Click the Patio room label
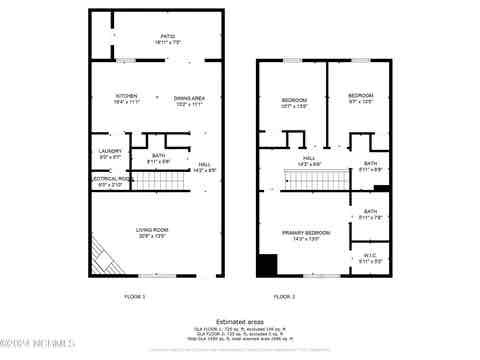click(154, 36)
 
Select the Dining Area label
click(190, 98)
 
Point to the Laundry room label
click(110, 151)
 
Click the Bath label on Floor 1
click(159, 156)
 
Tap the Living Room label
click(153, 230)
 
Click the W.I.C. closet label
click(370, 256)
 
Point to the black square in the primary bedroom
click(267, 265)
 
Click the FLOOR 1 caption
click(134, 297)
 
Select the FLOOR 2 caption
click(285, 297)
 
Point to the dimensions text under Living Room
click(153, 236)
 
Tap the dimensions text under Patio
click(154, 42)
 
